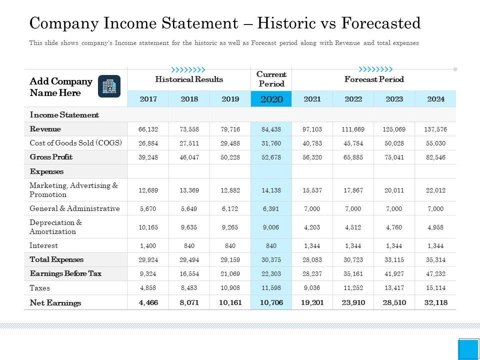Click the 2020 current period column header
(x=271, y=99)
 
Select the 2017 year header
(x=148, y=99)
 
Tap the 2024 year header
(x=435, y=99)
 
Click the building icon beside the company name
(x=109, y=86)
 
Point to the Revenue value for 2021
(x=312, y=129)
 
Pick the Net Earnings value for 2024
(x=435, y=302)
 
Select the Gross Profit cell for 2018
(x=189, y=157)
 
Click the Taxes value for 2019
(x=230, y=288)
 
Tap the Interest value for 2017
(x=148, y=245)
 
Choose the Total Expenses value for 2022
(x=353, y=259)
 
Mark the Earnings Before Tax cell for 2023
(x=394, y=274)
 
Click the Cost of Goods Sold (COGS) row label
(x=76, y=142)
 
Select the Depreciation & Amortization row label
(x=55, y=227)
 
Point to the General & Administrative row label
(x=74, y=208)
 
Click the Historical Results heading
(x=189, y=79)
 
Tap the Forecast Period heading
(x=374, y=79)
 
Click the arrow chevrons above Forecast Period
(x=375, y=69)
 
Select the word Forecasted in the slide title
(x=381, y=23)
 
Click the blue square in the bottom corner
(x=468, y=349)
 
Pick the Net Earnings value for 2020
(x=271, y=302)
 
